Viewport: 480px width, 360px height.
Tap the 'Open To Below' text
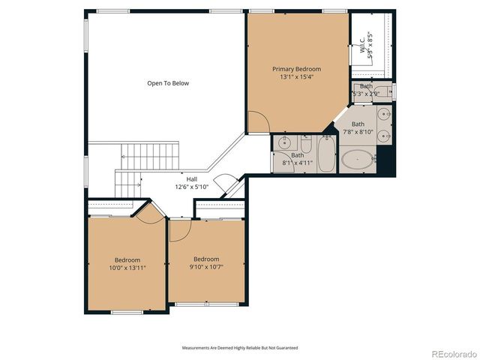pos(168,83)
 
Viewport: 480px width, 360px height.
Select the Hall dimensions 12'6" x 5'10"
pos(191,187)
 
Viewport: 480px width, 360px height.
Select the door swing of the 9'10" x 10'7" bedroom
pos(180,232)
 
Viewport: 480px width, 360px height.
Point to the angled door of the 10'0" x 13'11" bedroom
pos(147,211)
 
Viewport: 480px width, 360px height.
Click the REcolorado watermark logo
pos(451,353)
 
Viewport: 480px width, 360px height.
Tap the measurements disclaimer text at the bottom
pos(240,348)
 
